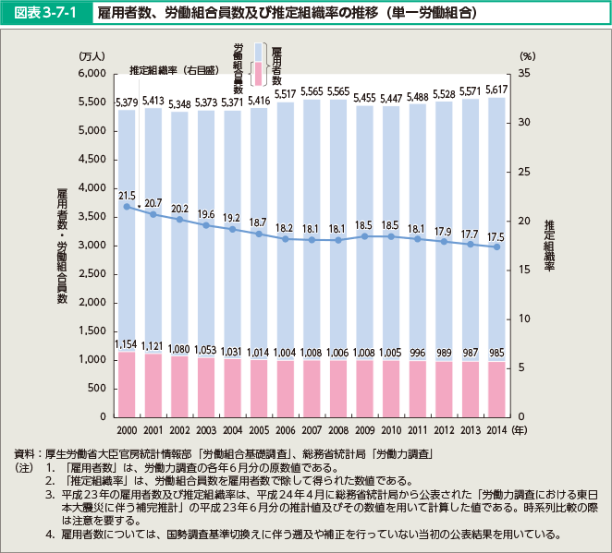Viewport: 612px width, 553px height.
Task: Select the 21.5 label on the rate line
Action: coord(127,196)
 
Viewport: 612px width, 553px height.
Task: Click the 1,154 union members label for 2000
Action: coord(127,343)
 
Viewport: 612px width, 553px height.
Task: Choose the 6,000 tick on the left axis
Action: coord(96,74)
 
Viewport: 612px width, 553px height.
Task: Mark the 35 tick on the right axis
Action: coord(525,74)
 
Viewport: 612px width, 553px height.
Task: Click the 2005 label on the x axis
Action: coord(260,430)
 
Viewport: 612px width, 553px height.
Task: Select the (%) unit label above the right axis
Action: coord(528,56)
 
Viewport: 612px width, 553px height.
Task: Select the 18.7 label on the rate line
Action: coord(259,222)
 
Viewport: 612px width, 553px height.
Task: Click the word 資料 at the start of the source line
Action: coord(24,455)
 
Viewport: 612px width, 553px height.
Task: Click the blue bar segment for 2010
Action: coord(392,231)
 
